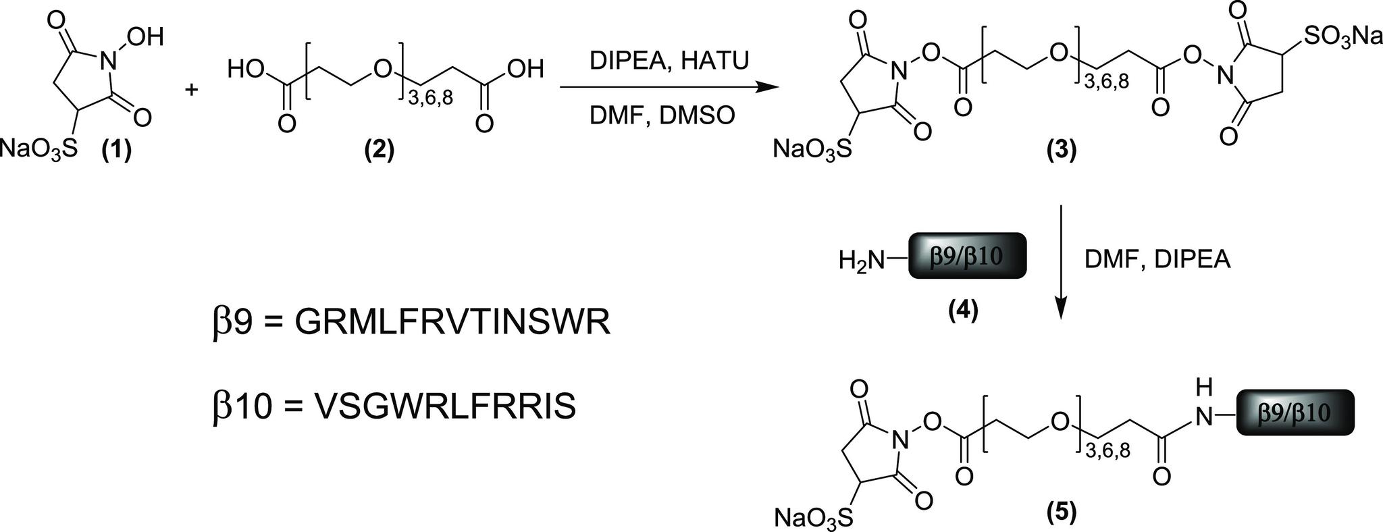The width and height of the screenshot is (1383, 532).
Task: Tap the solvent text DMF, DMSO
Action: tap(662, 115)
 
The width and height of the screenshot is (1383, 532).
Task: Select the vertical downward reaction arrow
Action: tap(1061, 263)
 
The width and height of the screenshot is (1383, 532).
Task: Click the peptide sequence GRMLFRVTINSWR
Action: tap(452, 323)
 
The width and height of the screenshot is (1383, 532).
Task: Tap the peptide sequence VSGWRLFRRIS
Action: tap(446, 407)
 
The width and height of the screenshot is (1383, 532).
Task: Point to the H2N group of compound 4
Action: tap(861, 260)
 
